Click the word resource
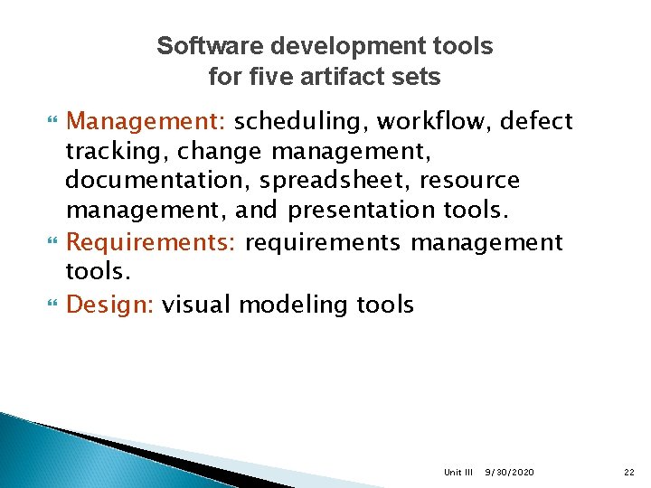coord(470,181)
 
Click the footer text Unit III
coord(458,472)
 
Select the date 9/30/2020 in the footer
coord(509,472)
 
